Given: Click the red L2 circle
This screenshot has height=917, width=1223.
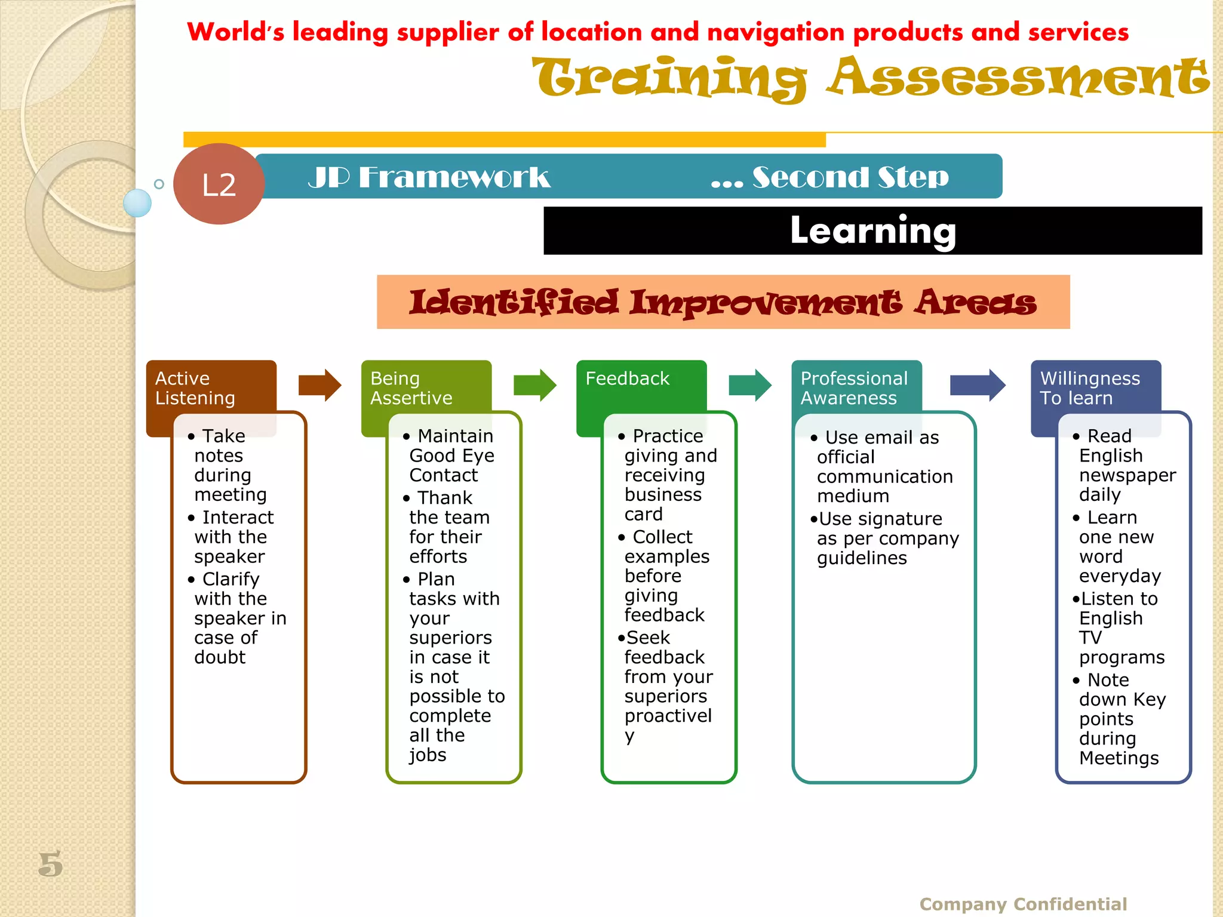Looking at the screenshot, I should (x=219, y=184).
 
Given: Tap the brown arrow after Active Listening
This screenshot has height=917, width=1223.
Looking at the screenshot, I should (x=319, y=385).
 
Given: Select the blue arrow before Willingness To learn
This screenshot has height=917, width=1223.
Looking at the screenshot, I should (x=977, y=385).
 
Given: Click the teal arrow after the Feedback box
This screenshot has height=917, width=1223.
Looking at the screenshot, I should (x=750, y=385).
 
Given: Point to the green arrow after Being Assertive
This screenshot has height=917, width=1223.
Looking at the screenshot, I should (x=534, y=385).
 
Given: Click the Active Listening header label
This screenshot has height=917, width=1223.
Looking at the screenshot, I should (x=195, y=388).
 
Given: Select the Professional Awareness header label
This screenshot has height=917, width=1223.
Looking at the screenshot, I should (x=853, y=388).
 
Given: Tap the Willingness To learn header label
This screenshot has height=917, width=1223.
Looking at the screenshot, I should (x=1090, y=388).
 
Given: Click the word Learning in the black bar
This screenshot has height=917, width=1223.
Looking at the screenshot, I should (x=872, y=230).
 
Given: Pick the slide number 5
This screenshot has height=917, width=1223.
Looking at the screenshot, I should (x=51, y=864).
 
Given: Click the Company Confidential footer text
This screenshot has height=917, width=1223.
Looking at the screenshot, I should (x=1023, y=904).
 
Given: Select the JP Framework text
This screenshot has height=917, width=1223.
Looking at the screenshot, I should (x=429, y=177).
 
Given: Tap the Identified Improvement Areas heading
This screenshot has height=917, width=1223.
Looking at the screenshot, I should (x=723, y=302).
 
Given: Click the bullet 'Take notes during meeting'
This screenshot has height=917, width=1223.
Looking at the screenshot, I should (x=231, y=465).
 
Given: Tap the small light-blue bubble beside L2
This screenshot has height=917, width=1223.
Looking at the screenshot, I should (x=137, y=203).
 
